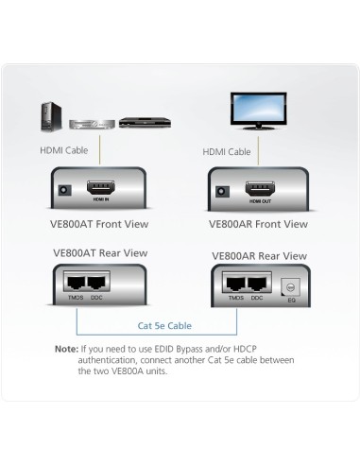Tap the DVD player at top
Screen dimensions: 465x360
[x=138, y=121]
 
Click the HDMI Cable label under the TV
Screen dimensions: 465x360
[x=227, y=151]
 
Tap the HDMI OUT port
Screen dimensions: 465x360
[x=258, y=188]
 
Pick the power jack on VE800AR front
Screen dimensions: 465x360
[x=223, y=189]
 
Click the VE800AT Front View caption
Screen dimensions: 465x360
[x=98, y=224]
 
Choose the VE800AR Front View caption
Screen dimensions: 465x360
[x=258, y=224]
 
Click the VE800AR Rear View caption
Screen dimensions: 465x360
[x=259, y=255]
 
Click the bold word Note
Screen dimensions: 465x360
[x=66, y=349]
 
